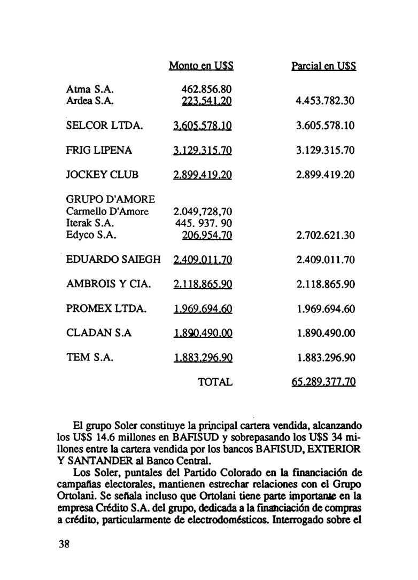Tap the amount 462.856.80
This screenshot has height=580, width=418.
(x=206, y=89)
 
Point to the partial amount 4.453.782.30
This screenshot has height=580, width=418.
(x=326, y=101)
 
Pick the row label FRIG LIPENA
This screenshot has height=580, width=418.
(x=99, y=151)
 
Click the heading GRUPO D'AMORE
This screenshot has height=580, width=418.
(x=111, y=199)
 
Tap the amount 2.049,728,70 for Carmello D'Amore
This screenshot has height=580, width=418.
(x=202, y=211)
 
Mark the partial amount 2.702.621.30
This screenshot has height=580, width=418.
(x=326, y=236)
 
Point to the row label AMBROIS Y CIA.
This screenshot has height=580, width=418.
(x=109, y=285)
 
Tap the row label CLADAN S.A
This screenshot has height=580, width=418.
(x=99, y=333)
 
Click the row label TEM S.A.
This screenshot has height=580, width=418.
(x=89, y=358)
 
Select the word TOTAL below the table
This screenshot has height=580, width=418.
(x=215, y=382)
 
